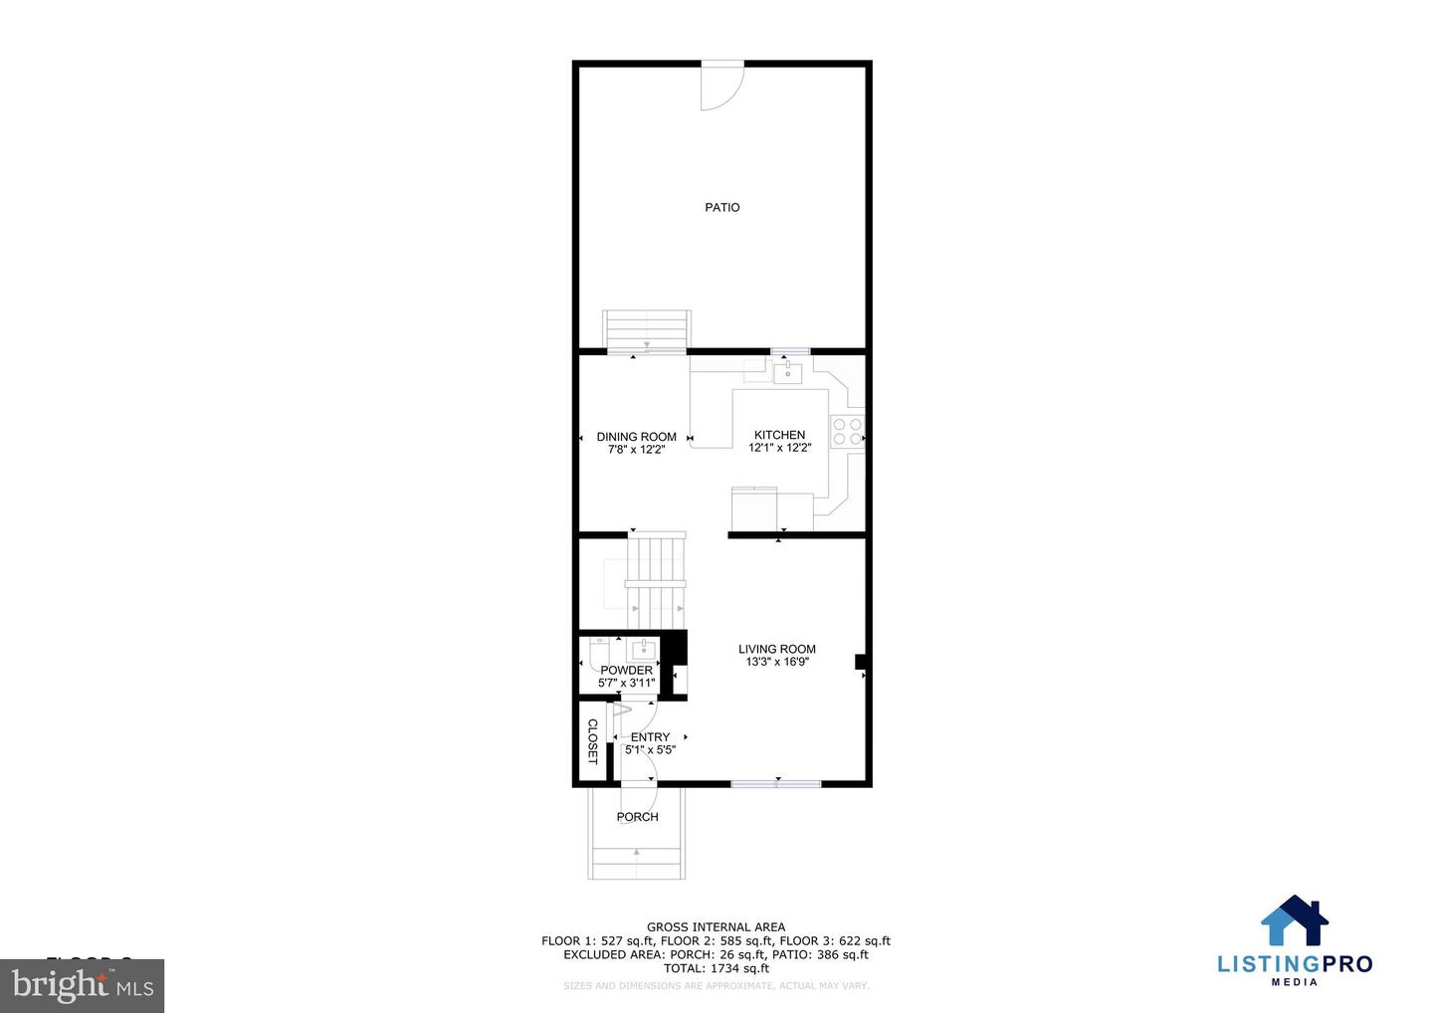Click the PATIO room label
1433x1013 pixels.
tap(722, 208)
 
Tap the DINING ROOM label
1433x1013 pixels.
tap(637, 437)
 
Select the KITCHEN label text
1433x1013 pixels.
tap(780, 435)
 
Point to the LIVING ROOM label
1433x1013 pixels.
tap(777, 649)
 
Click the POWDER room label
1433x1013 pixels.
tap(626, 671)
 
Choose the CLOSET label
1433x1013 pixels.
tap(592, 741)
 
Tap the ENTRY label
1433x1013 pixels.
tap(651, 737)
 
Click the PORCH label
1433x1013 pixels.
tap(638, 817)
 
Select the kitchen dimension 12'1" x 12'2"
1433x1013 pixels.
tap(780, 448)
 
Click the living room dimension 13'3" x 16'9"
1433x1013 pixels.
tap(777, 662)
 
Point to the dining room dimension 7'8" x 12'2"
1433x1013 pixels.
tap(637, 450)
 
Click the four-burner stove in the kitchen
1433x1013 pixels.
tap(848, 431)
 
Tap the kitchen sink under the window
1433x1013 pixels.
tap(788, 373)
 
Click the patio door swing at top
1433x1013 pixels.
tap(720, 86)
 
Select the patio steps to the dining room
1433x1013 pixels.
tap(647, 331)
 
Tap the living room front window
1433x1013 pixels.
tap(776, 784)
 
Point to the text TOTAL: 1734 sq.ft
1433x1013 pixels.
tap(716, 968)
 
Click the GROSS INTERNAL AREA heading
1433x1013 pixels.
tap(716, 927)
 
